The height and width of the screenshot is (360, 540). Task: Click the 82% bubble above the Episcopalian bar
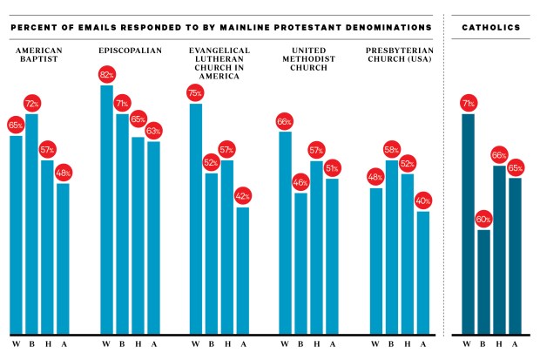coord(106,74)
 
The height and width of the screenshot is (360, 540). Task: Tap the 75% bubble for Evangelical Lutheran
coord(195,93)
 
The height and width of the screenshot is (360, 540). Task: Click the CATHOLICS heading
coord(491,28)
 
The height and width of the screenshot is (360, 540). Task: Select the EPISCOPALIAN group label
coord(131,50)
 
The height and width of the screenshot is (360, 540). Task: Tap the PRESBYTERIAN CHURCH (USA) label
coord(395,55)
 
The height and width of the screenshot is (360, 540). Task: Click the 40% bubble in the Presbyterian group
coord(422,201)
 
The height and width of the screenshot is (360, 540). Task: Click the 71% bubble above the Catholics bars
coord(468,104)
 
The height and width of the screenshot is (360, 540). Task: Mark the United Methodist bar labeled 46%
coord(301,262)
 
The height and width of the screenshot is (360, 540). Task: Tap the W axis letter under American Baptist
coord(16,344)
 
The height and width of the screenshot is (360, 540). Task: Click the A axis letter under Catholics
coord(515,344)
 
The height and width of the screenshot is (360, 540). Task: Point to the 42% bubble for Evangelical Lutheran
coord(242,195)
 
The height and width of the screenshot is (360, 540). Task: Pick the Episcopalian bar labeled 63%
coord(153,236)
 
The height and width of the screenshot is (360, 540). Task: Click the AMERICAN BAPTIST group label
coord(39,55)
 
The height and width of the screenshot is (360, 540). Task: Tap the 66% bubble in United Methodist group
coord(284,121)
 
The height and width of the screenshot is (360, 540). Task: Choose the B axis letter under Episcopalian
coord(122,344)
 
